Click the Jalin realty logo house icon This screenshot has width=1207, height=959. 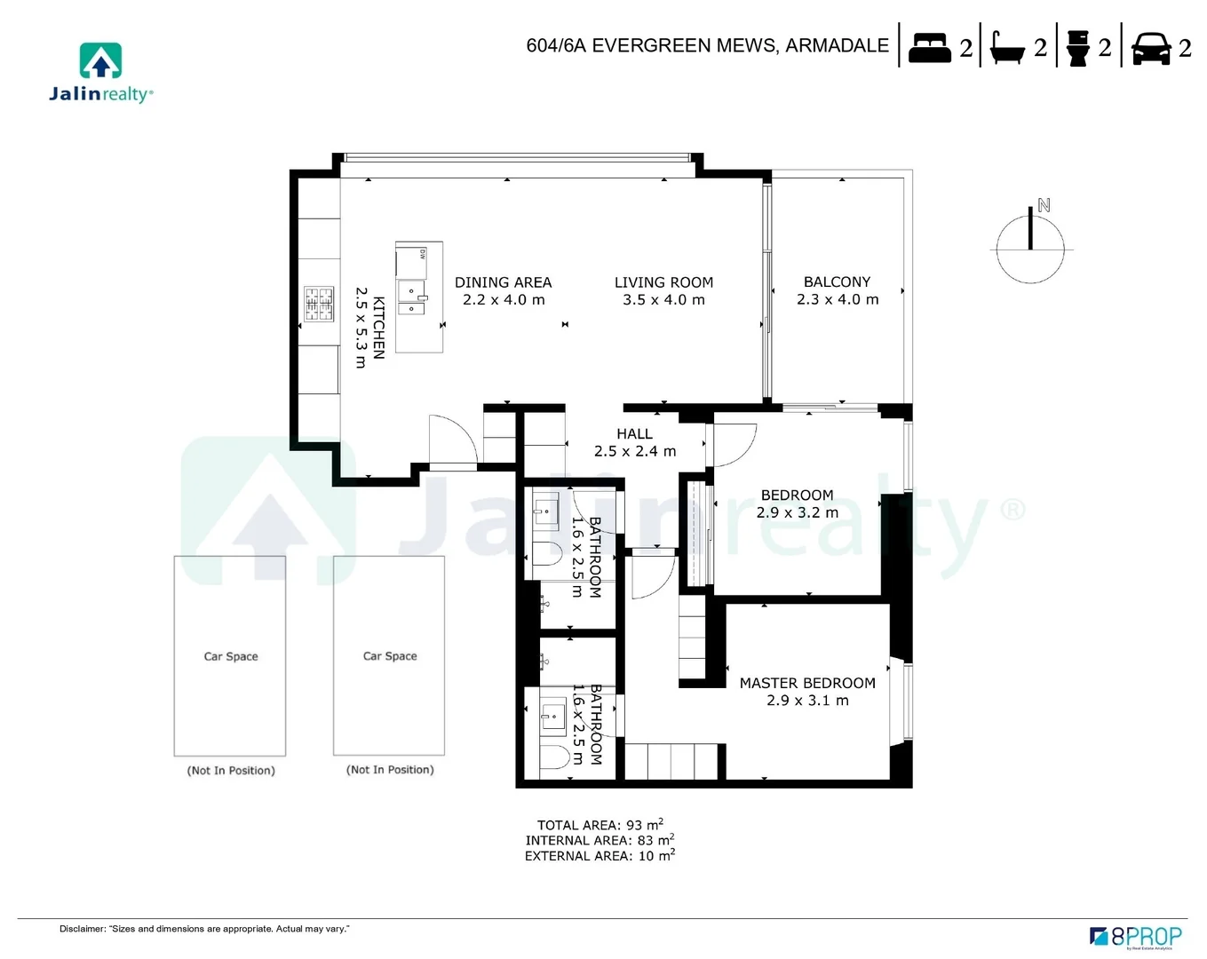click(x=100, y=60)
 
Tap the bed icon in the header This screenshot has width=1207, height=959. click(x=929, y=47)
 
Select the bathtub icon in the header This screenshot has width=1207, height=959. click(x=1007, y=47)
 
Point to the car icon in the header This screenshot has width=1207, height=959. click(x=1151, y=48)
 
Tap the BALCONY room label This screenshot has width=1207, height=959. click(x=837, y=281)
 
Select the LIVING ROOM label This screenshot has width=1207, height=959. click(x=663, y=282)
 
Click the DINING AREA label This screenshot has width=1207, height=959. click(x=503, y=282)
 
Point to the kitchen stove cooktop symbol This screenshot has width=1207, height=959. click(x=319, y=304)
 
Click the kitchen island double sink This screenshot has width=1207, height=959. click(x=412, y=298)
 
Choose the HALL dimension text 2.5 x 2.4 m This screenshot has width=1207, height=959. click(x=634, y=451)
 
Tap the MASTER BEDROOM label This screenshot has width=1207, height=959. click(x=807, y=683)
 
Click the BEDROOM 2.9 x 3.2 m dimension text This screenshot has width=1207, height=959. click(x=797, y=512)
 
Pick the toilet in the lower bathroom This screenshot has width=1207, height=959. click(x=555, y=757)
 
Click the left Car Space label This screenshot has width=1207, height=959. click(x=231, y=656)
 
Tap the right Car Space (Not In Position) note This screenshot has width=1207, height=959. click(x=390, y=770)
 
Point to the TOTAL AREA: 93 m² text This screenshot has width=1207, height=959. click(x=600, y=825)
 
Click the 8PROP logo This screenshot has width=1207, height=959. click(x=1136, y=936)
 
